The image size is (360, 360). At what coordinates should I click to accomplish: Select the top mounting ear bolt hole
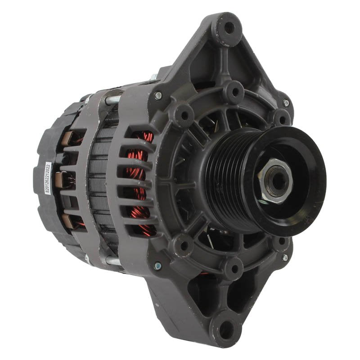point(229,27)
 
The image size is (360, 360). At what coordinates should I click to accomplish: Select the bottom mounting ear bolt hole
point(227,330)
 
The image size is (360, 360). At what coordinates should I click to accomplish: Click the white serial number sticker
point(48,178)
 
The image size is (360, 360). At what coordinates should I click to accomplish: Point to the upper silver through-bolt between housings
point(112,100)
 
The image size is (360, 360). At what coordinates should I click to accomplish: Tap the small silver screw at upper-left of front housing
point(158,95)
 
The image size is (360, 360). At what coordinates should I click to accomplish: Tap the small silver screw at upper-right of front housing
point(286,103)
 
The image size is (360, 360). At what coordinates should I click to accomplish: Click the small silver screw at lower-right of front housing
point(284,257)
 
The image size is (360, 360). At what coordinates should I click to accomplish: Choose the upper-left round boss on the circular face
point(184,114)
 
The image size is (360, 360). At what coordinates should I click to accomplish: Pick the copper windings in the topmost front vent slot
point(143,137)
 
